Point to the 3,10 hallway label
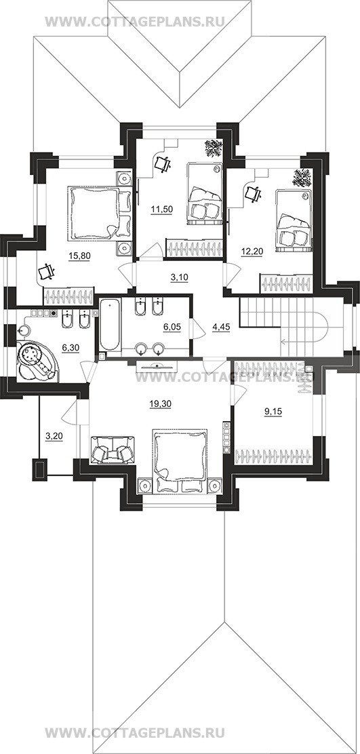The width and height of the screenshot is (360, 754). (x=179, y=276)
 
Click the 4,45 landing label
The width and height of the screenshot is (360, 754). (x=221, y=327)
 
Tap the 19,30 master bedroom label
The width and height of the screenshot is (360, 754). (x=159, y=404)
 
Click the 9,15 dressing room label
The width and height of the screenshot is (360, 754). (x=272, y=411)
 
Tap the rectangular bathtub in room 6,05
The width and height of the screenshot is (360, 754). (x=110, y=325)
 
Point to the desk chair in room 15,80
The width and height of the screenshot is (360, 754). (x=47, y=272)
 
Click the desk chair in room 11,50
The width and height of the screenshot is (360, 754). (x=163, y=165)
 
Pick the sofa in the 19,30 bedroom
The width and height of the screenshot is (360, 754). (x=113, y=450)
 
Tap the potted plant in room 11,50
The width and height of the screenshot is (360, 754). (x=213, y=148)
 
